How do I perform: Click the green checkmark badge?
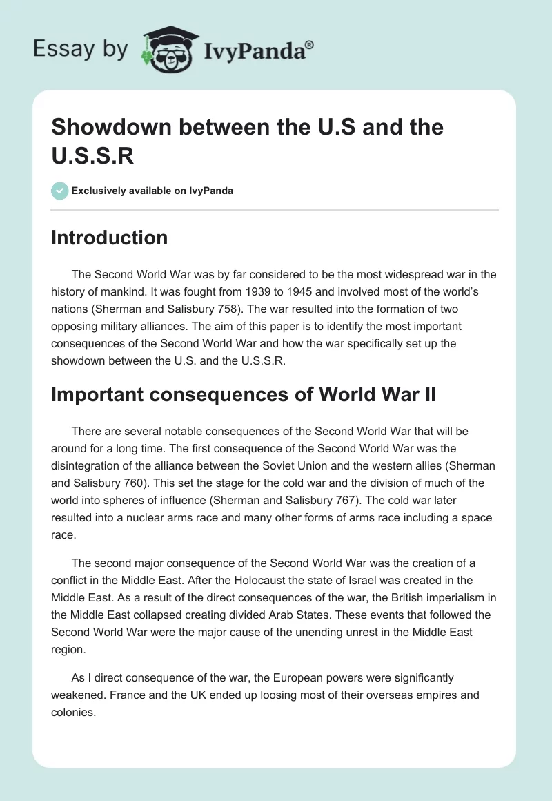pos(60,191)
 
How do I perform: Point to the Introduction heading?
pos(110,238)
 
